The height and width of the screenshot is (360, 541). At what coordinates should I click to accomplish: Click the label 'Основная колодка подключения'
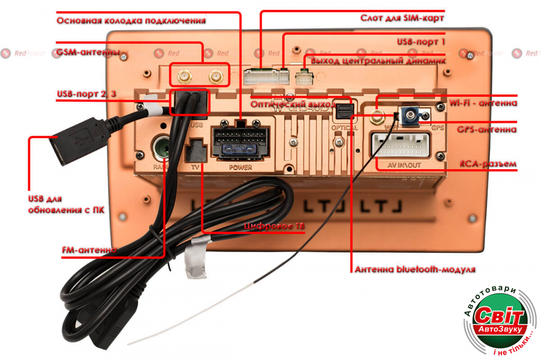click(131, 21)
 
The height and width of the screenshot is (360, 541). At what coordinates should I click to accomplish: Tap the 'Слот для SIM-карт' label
click(402, 18)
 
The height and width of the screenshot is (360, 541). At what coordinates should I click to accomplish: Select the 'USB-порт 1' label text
click(421, 41)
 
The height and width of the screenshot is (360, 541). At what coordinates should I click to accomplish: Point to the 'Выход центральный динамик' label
click(378, 61)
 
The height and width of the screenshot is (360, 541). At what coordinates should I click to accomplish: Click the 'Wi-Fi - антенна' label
click(483, 103)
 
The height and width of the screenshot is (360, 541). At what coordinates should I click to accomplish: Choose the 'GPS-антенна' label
click(487, 130)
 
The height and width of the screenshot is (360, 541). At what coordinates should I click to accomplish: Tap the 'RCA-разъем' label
click(487, 163)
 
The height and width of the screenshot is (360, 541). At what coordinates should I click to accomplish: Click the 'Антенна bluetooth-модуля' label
click(414, 269)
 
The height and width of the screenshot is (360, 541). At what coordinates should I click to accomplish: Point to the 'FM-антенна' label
click(89, 250)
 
